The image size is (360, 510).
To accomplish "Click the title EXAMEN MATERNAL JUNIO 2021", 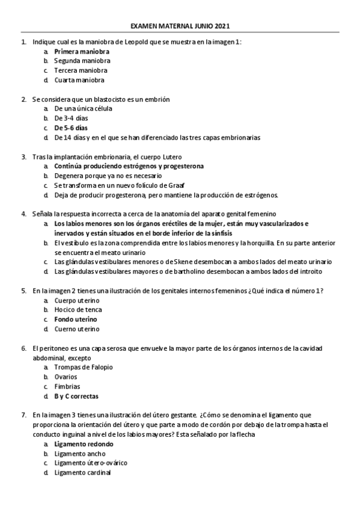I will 180,26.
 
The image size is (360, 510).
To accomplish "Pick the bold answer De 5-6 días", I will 71,127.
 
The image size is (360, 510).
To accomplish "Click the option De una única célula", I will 83,108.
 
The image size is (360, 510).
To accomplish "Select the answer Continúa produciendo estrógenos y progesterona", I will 129,165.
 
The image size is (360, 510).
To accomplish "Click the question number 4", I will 23,214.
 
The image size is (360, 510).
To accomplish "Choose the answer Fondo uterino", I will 75,319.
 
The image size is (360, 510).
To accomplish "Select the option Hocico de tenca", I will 77,309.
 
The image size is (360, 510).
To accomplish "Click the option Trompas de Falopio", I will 84,367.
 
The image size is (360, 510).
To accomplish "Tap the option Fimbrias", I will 67,386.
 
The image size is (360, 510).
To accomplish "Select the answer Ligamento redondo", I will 83,444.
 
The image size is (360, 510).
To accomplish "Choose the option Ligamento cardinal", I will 82,473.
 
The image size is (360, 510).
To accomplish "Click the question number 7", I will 23,415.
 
